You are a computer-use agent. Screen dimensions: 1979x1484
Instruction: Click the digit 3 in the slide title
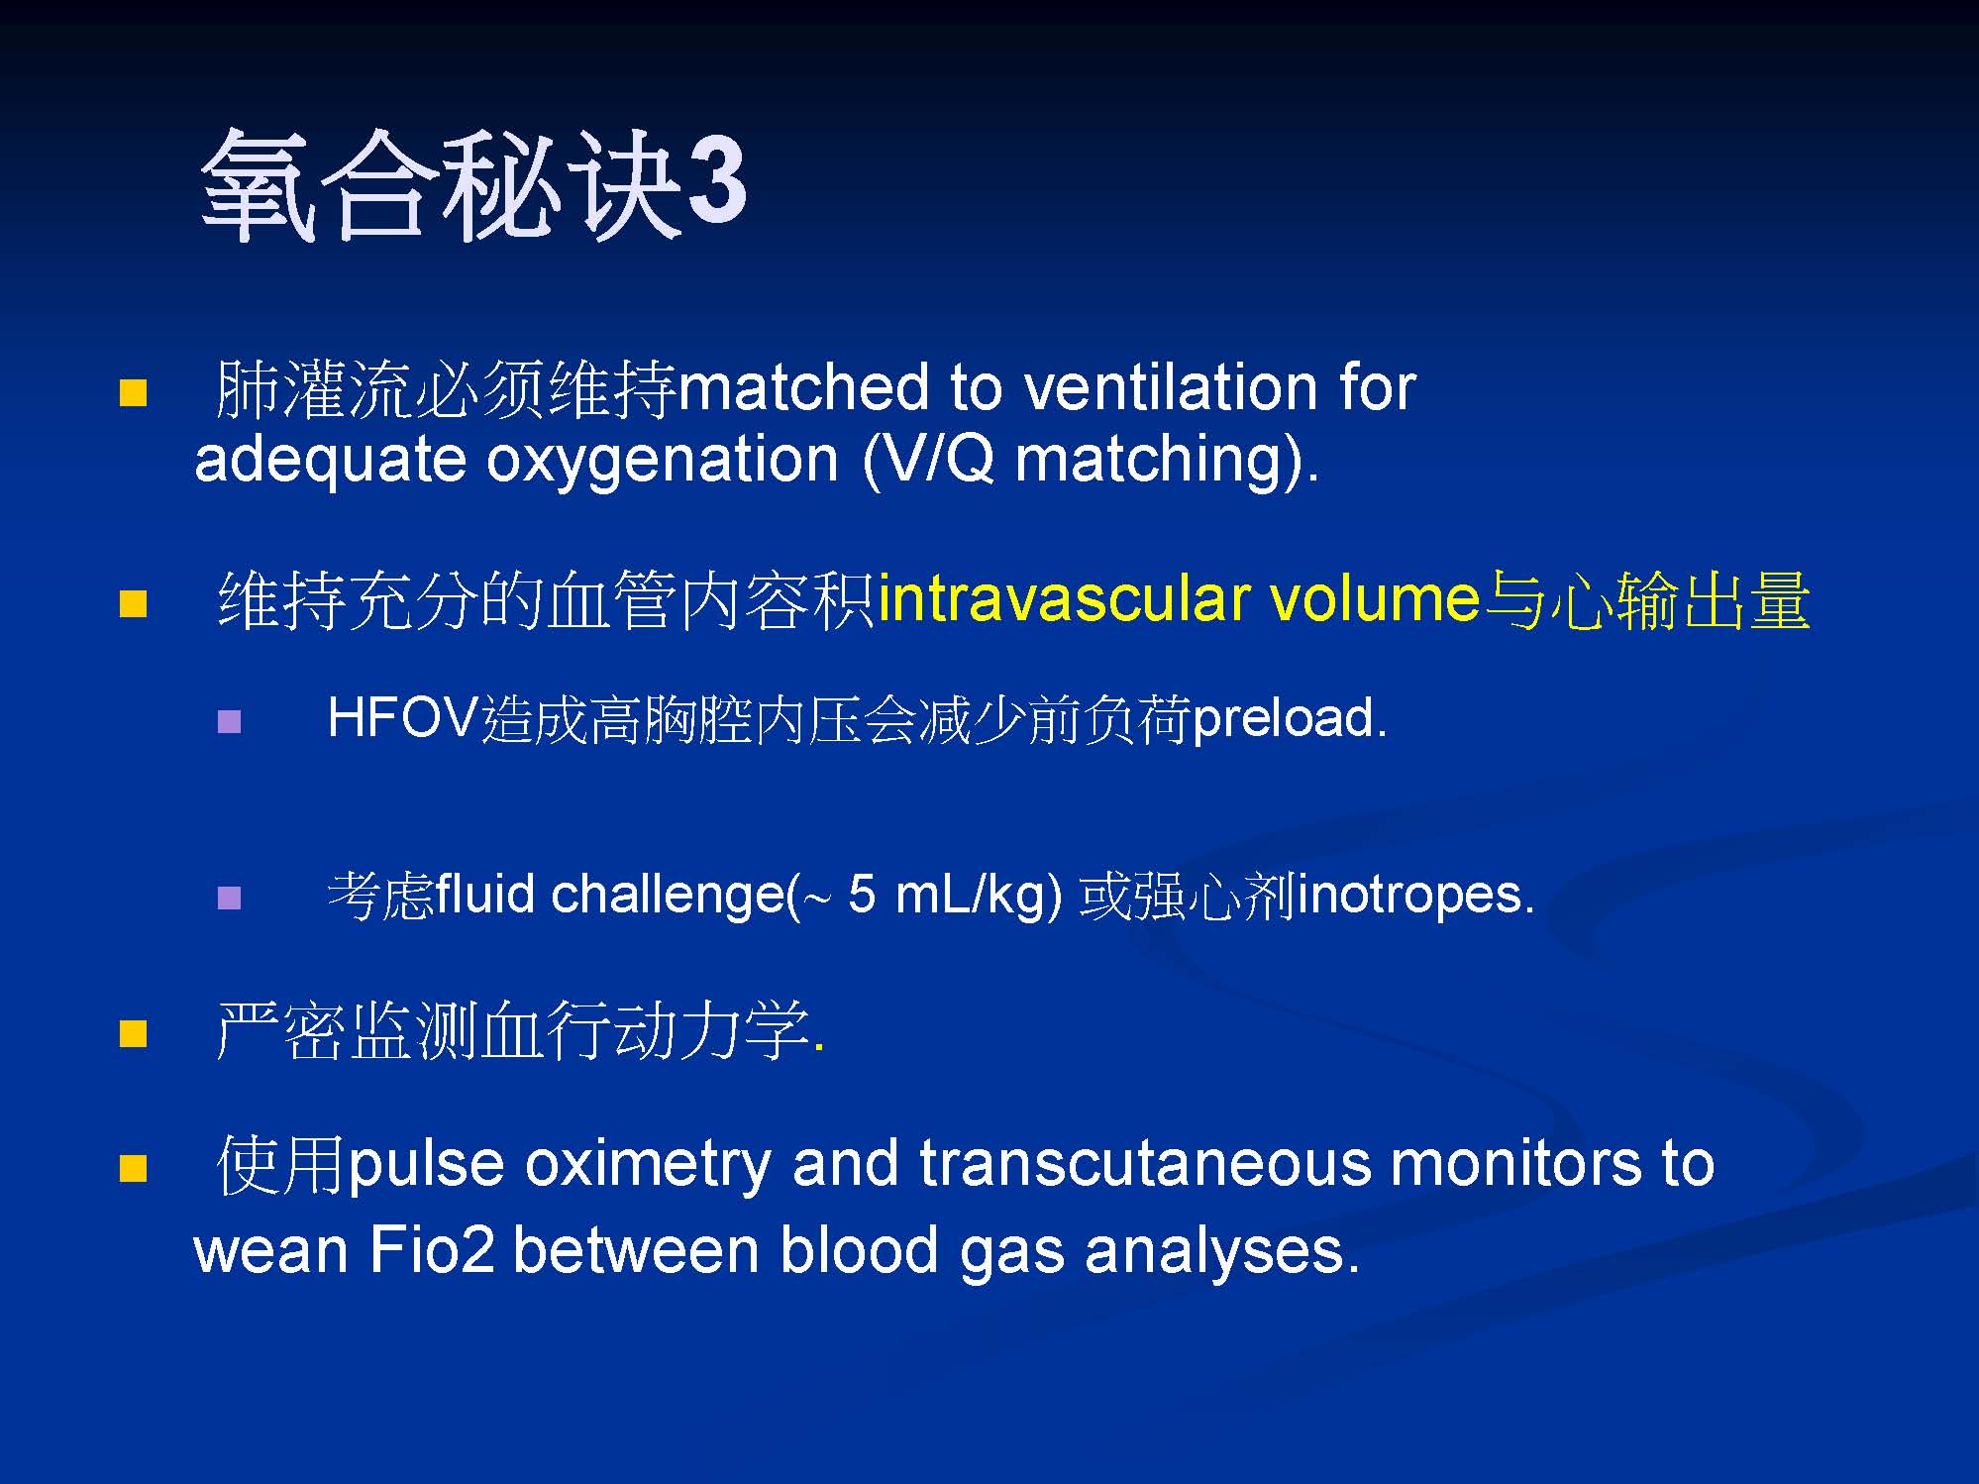click(x=716, y=182)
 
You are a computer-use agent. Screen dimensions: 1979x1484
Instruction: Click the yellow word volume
click(x=1374, y=600)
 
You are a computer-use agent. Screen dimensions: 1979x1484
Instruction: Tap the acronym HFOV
click(x=403, y=717)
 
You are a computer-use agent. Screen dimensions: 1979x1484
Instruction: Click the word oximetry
click(x=647, y=1165)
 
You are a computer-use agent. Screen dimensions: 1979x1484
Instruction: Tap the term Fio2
click(x=431, y=1249)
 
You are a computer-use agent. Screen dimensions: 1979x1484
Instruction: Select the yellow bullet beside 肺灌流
click(x=133, y=393)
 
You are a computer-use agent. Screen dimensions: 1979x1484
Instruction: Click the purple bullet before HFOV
click(x=229, y=720)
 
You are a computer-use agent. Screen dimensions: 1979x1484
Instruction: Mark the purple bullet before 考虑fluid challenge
click(x=229, y=898)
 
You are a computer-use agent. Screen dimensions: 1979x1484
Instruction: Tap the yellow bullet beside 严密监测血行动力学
click(x=133, y=1033)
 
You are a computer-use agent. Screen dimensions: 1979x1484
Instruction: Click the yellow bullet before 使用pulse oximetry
click(x=133, y=1168)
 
